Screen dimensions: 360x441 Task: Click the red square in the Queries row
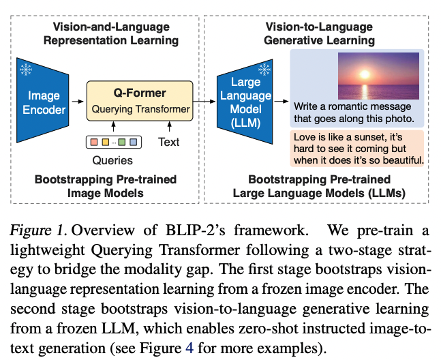[x=92, y=143]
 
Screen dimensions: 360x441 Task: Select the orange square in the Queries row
[x=103, y=143]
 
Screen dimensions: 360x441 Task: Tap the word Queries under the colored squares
[x=112, y=161]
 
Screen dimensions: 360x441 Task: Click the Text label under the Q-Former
[x=168, y=143]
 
